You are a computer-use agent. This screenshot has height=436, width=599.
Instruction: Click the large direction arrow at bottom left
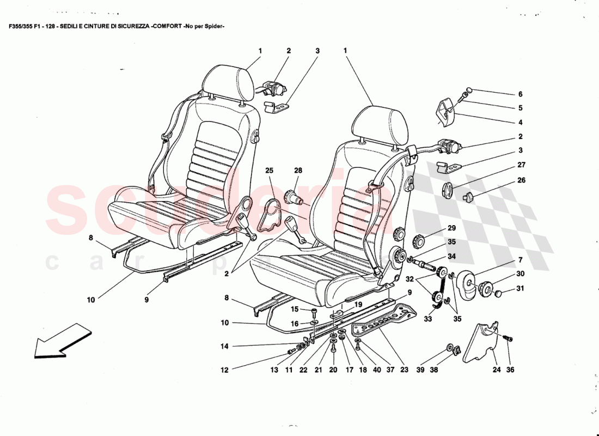(x=62, y=340)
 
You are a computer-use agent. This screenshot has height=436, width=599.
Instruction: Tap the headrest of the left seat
(x=228, y=82)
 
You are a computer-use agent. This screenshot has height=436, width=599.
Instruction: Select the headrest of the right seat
(x=380, y=123)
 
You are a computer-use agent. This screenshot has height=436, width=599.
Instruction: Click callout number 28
(x=298, y=171)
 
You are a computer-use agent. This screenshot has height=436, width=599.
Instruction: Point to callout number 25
(x=269, y=171)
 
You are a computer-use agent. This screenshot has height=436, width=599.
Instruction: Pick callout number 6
(x=520, y=94)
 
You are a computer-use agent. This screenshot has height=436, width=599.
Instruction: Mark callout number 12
(x=224, y=370)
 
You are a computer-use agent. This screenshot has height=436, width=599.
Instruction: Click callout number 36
(x=510, y=370)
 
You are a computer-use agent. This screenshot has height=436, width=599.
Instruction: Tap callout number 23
(x=404, y=370)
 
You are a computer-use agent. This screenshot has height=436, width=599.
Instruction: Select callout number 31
(x=520, y=289)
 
